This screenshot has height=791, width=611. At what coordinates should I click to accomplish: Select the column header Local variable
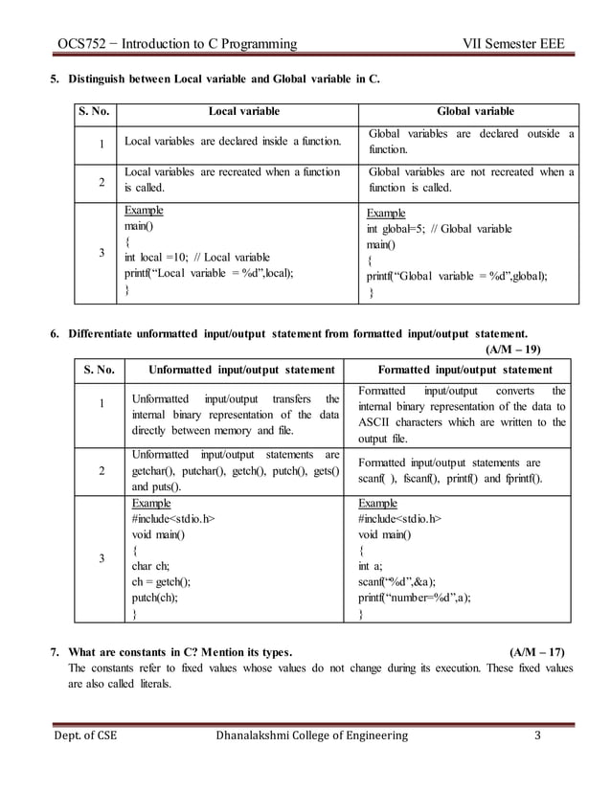click(239, 112)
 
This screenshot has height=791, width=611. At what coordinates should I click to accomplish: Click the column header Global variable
click(468, 112)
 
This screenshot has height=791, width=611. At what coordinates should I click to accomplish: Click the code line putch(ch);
click(154, 597)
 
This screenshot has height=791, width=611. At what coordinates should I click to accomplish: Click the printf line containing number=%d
click(414, 597)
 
